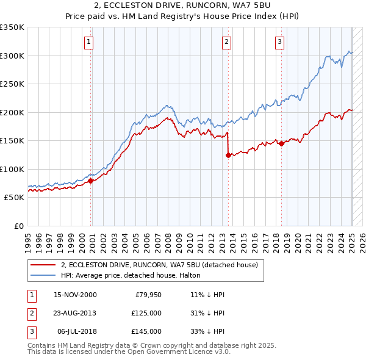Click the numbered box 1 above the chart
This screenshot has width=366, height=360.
(x=89, y=42)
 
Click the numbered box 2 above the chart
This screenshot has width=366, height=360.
(x=226, y=42)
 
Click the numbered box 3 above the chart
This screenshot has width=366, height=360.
(x=279, y=42)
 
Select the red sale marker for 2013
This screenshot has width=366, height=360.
(x=228, y=155)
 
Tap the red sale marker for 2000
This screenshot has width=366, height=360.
(x=91, y=181)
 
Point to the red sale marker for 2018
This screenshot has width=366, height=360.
(x=281, y=144)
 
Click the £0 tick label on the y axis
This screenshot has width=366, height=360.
(x=18, y=226)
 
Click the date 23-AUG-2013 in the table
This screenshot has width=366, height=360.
(x=75, y=313)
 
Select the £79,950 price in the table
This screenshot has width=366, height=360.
(x=146, y=295)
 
